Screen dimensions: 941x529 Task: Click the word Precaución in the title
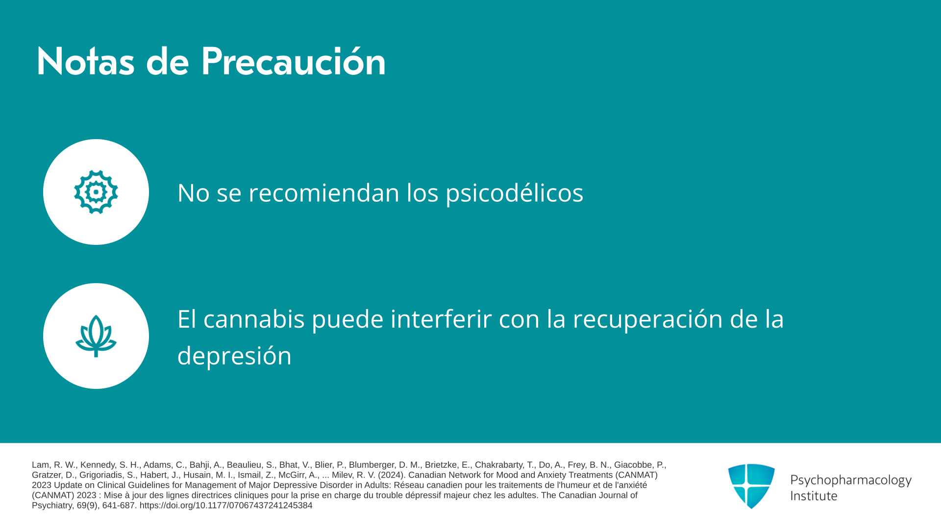coord(293,62)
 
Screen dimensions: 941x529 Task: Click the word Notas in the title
coord(85,62)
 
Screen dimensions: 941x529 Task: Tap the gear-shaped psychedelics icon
coord(96,192)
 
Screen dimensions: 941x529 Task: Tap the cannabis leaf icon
coord(96,336)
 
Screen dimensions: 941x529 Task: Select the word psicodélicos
coord(514,193)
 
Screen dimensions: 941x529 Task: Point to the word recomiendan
coord(324,192)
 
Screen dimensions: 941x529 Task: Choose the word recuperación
coord(648,319)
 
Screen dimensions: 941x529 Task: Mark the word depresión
coord(234,356)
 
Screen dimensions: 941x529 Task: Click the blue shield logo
coord(751,486)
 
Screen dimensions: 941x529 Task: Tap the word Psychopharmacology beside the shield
coord(851,480)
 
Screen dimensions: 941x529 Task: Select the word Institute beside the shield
coord(814,496)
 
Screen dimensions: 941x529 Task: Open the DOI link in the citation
coord(226,505)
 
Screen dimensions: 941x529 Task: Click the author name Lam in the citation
coord(40,465)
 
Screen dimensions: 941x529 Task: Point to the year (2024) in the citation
coord(392,475)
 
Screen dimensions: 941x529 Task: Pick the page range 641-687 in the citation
coord(119,505)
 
